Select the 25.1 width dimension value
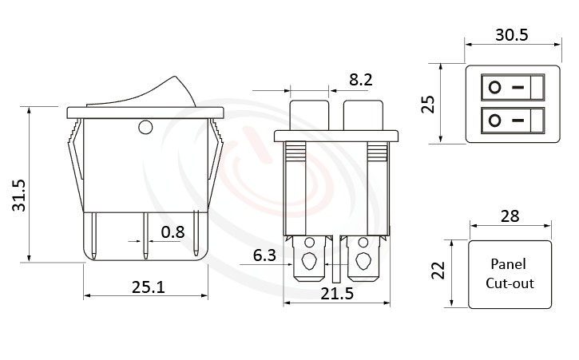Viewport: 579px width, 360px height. (x=146, y=286)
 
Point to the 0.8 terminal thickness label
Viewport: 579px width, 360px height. (x=173, y=232)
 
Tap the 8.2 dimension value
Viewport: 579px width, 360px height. (x=362, y=79)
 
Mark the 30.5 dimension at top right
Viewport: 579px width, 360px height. (x=512, y=35)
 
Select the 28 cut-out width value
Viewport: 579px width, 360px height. (x=510, y=215)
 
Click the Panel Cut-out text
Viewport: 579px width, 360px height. (x=510, y=274)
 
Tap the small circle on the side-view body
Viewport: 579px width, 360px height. (x=145, y=127)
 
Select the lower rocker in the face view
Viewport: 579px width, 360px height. (x=512, y=121)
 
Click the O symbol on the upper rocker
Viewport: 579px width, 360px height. (x=495, y=86)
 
